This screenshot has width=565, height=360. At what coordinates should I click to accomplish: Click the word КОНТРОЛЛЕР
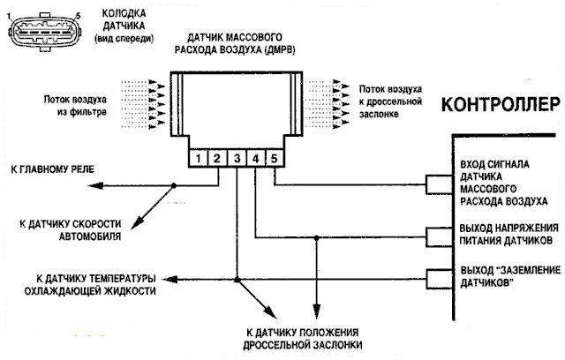tap(501, 103)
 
